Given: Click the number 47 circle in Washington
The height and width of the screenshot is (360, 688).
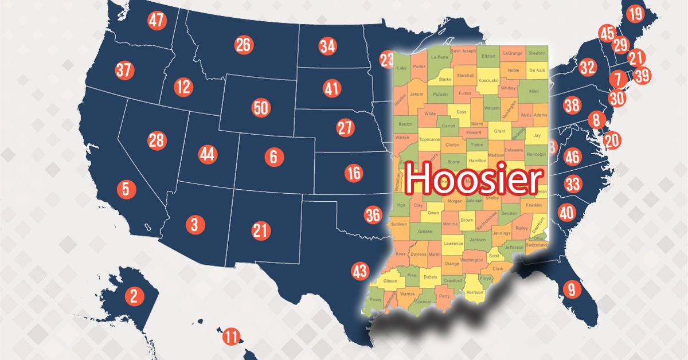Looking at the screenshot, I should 157,21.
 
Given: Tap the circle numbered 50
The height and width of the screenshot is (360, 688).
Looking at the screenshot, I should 260,108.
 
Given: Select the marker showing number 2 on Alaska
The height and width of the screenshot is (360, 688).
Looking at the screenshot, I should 134,296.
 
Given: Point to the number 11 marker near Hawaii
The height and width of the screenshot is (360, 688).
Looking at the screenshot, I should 231,336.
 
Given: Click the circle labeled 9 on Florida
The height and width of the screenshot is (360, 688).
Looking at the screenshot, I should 571,289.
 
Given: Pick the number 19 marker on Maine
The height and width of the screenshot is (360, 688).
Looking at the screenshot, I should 635,14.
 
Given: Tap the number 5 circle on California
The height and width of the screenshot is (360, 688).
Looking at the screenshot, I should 126,189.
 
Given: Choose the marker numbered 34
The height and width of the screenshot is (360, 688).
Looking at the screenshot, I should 328,46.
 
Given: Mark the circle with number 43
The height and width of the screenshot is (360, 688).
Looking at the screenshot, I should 359,271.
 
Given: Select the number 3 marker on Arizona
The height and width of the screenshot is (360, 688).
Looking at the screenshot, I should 194,225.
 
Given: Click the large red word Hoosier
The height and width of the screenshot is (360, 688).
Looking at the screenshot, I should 474,178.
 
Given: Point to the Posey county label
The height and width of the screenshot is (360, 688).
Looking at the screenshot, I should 376,299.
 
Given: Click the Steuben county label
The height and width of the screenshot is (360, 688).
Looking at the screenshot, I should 537,53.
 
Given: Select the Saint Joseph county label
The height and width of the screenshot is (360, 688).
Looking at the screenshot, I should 464,51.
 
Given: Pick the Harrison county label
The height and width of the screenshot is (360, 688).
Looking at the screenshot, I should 475,292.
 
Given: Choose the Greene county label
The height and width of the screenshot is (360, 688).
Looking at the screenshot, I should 425,232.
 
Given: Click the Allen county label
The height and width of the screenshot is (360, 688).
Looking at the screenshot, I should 534,91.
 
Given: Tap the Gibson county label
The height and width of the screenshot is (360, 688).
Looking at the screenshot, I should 390,281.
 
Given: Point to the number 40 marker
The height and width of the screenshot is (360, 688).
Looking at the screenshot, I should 566,213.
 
